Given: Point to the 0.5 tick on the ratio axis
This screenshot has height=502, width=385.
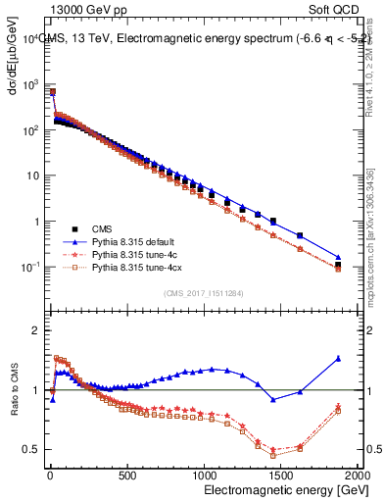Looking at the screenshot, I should [31, 450].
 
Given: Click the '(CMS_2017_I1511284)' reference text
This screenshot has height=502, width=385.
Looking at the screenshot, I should [204, 292].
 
